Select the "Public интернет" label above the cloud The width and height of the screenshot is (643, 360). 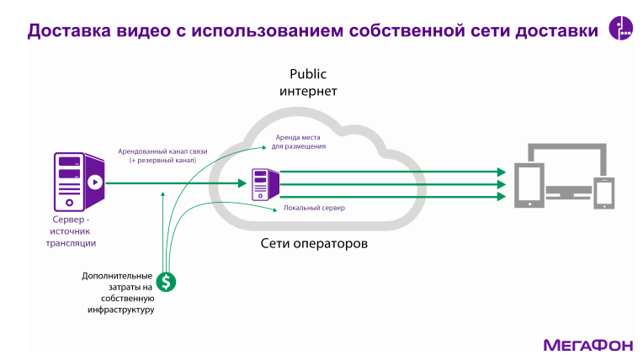[x=308, y=82]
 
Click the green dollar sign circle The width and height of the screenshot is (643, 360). [x=167, y=282]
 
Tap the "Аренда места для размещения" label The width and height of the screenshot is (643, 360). [x=299, y=141]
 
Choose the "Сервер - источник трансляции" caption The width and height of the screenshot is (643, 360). [x=71, y=231]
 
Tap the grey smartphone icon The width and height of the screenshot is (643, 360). [x=605, y=193]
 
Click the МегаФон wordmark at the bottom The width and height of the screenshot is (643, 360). [x=583, y=345]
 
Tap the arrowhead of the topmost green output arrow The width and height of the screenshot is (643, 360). [x=502, y=171]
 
